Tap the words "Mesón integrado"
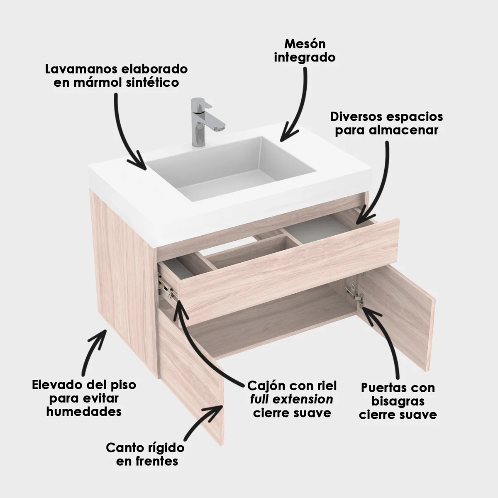coord(305,51)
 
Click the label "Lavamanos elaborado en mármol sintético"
coord(116,76)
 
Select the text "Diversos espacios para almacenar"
coord(387,124)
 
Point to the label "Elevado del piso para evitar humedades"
coord(84,398)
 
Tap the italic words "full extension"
coord(291,399)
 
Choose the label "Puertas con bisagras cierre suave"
coord(398,401)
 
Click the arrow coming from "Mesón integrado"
coord(300,103)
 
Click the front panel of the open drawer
coord(289,271)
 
